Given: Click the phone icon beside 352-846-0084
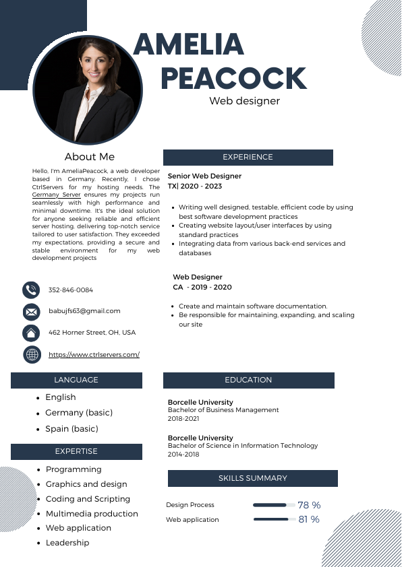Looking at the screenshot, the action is point(31,290).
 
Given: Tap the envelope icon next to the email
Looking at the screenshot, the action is point(31,312).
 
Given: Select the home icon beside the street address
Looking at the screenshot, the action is point(31,333).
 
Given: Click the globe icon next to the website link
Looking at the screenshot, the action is point(31,354).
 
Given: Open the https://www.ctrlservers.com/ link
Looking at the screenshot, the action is point(94,354).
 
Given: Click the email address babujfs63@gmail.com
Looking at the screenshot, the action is point(84,311).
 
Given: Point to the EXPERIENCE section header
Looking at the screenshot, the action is point(248,157).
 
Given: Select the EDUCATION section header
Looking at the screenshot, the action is point(248,380).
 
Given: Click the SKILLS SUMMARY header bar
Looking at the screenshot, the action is point(252,478).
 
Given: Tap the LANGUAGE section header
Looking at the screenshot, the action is point(76,380).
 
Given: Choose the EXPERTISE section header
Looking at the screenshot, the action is point(76,451).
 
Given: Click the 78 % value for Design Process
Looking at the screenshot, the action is point(309,505).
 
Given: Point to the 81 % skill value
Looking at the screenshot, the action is point(309,519).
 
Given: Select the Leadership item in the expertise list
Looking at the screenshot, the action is point(67,543).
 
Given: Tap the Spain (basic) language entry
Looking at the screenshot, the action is point(71,429).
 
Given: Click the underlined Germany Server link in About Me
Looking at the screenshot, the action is point(56,194).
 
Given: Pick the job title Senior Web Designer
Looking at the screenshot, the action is point(204,176).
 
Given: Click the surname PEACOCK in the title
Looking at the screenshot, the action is point(233,79).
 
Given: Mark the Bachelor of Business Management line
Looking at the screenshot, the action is point(223,410).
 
